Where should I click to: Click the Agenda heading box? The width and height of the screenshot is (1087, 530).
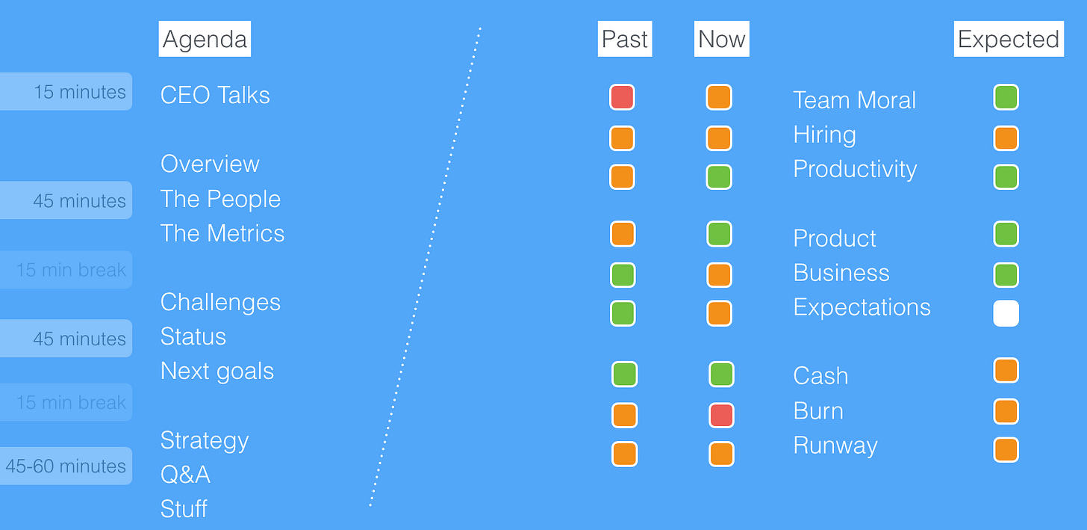205,39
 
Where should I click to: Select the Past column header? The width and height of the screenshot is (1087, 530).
625,39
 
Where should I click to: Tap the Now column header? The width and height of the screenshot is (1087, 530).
722,39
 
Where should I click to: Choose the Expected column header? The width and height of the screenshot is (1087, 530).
1009,39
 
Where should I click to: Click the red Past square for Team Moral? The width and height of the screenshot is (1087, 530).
622,97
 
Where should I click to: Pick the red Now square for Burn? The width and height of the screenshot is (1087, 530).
721,416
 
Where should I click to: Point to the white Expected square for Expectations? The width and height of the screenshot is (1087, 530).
1006,313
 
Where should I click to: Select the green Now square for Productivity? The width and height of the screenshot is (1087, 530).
719,177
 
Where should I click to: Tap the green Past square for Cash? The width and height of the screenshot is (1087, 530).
625,375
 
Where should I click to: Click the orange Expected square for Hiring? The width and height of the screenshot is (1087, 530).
1006,138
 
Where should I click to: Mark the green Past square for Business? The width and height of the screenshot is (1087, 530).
623,275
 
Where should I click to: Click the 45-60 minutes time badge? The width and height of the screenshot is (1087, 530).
66,466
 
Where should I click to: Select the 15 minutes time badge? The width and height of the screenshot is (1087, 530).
66,91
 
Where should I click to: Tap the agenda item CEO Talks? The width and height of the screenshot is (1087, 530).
215,95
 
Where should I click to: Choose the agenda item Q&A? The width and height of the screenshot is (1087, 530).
185,474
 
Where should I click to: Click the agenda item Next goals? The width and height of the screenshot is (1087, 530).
217,372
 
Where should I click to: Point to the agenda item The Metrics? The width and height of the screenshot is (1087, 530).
222,233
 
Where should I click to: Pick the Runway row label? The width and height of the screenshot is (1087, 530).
835,446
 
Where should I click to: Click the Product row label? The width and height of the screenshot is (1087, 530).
835,238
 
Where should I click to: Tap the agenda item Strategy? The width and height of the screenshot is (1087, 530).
205,441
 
